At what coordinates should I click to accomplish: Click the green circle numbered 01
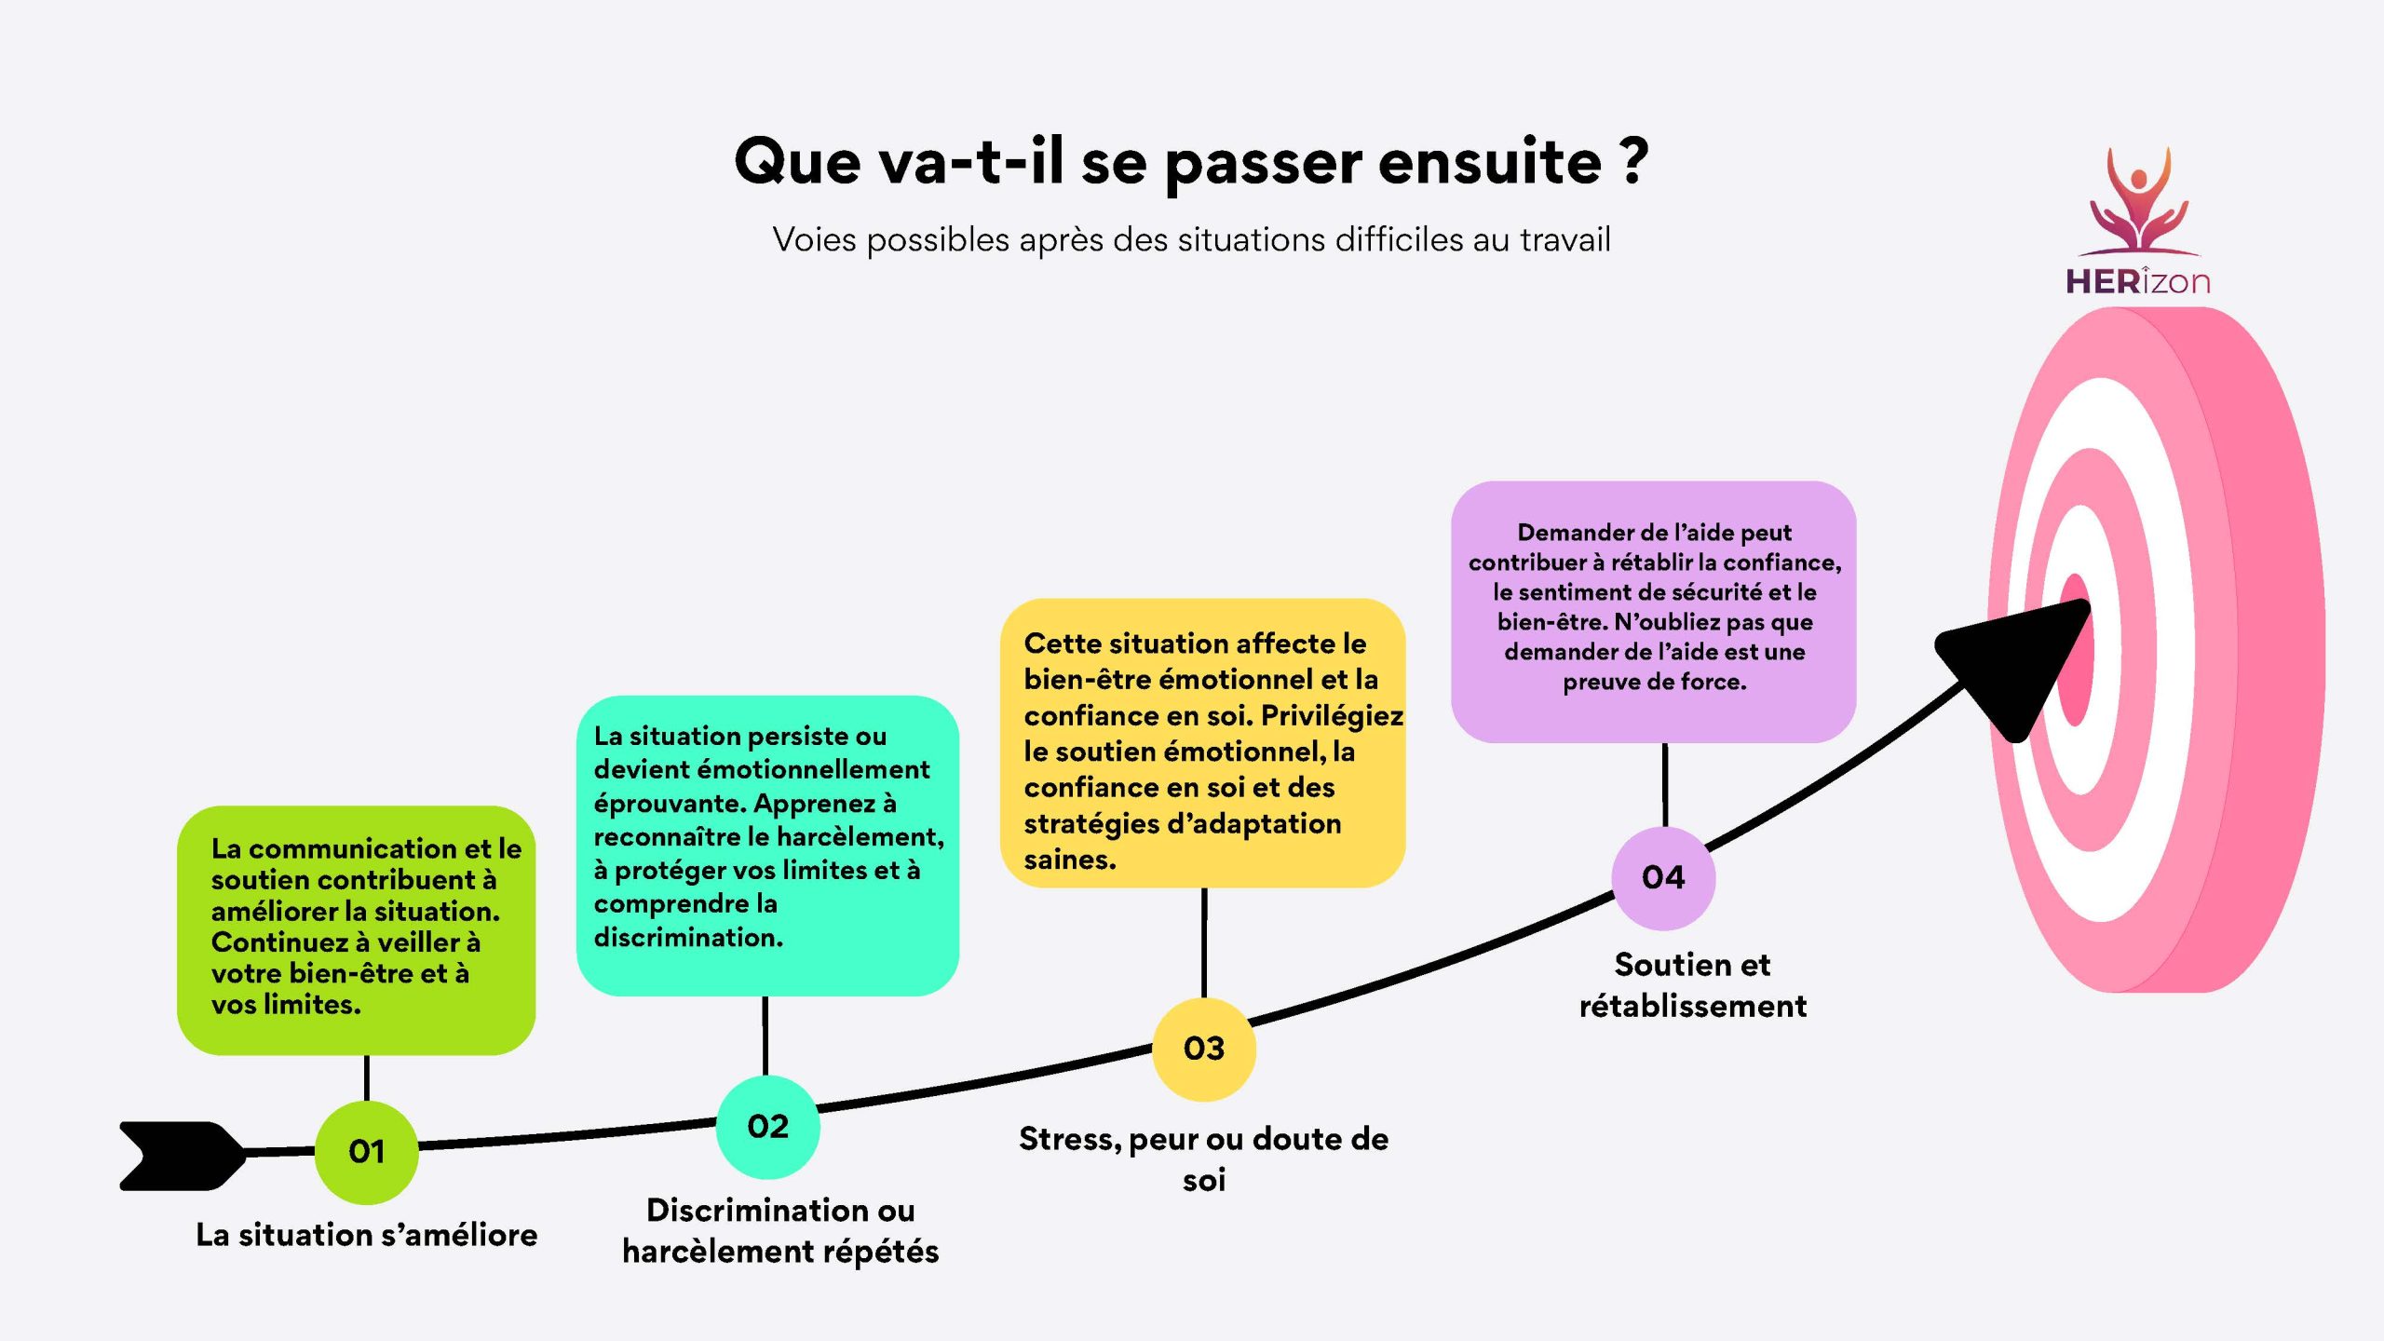click(x=366, y=1152)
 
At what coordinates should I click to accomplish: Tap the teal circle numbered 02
click(x=767, y=1127)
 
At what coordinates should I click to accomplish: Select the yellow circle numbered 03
click(x=1204, y=1049)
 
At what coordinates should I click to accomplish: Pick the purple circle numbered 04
click(x=1663, y=877)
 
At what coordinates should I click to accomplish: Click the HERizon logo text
click(x=2138, y=280)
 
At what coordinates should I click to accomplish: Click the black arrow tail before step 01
click(x=182, y=1156)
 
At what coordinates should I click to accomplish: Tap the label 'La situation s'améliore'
click(x=367, y=1235)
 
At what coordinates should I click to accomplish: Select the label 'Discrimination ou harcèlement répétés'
click(x=780, y=1230)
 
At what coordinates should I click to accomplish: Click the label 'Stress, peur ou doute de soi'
click(x=1204, y=1158)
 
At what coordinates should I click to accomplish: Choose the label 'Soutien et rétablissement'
click(x=1693, y=985)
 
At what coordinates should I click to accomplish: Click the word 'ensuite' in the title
click(x=1490, y=162)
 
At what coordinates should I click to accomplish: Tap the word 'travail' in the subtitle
click(x=1565, y=239)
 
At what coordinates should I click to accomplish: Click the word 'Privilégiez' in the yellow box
click(x=1332, y=716)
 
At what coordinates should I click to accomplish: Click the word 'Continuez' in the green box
click(x=279, y=942)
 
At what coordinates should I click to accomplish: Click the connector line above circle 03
click(x=1204, y=942)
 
